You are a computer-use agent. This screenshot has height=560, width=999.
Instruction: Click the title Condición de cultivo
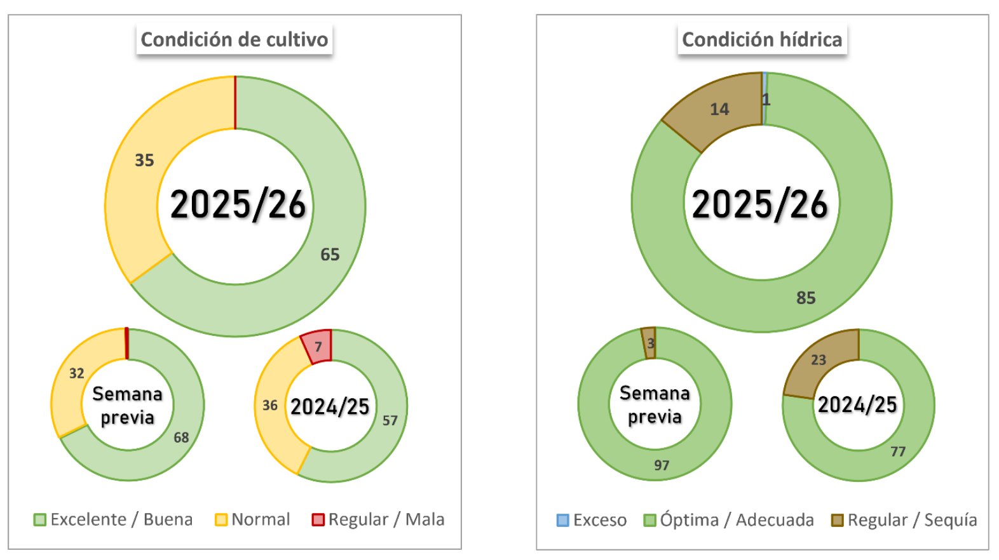click(234, 39)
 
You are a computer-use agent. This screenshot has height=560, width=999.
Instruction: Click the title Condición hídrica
click(761, 39)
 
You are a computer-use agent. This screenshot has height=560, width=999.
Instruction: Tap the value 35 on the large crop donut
click(144, 160)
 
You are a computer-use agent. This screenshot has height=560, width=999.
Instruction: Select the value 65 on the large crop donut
click(330, 255)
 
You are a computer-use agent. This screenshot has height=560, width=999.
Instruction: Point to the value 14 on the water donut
click(719, 109)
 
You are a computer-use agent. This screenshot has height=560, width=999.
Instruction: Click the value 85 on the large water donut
click(806, 298)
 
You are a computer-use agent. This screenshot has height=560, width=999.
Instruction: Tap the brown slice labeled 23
click(819, 360)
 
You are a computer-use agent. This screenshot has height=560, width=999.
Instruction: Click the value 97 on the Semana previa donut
click(662, 465)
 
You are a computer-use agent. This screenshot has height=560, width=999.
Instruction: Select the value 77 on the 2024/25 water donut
click(897, 451)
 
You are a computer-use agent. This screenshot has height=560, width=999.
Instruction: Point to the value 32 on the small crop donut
click(77, 373)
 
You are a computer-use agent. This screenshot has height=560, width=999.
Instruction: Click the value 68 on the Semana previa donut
click(181, 437)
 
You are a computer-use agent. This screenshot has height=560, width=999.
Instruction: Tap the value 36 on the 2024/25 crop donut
click(270, 405)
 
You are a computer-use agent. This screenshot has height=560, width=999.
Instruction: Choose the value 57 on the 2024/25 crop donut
click(390, 420)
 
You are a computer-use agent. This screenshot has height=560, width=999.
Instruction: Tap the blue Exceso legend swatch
click(562, 521)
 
